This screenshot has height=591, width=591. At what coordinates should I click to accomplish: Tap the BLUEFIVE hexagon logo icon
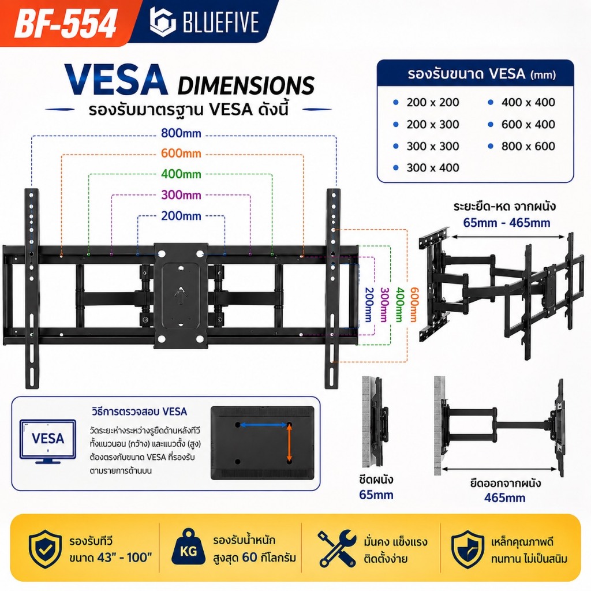tap(162, 21)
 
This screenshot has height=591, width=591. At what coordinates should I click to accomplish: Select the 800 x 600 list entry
tap(528, 146)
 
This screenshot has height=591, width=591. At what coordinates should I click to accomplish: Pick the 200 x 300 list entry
tap(433, 125)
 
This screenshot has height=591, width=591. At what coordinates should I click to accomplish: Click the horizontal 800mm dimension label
tap(181, 133)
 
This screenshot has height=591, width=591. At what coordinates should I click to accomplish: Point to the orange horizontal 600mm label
tap(181, 154)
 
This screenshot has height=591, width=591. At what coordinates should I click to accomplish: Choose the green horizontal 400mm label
tap(181, 174)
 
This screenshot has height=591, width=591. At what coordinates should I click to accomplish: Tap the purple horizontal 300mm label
tap(181, 195)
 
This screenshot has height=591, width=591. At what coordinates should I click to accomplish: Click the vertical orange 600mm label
tap(414, 305)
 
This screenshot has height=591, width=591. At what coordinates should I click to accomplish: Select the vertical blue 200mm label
tap(369, 305)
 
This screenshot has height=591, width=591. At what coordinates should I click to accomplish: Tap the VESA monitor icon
tap(48, 441)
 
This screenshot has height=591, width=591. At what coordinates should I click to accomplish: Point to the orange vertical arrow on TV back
tap(290, 443)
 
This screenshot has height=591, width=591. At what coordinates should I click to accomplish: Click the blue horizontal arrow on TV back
tap(264, 425)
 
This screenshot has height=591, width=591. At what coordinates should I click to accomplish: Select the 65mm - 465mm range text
tap(507, 223)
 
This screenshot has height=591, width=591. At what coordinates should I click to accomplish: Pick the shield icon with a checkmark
tap(45, 549)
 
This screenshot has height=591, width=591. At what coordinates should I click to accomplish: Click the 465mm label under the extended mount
tap(504, 498)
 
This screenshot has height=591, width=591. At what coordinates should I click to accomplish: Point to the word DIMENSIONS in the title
tap(246, 85)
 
